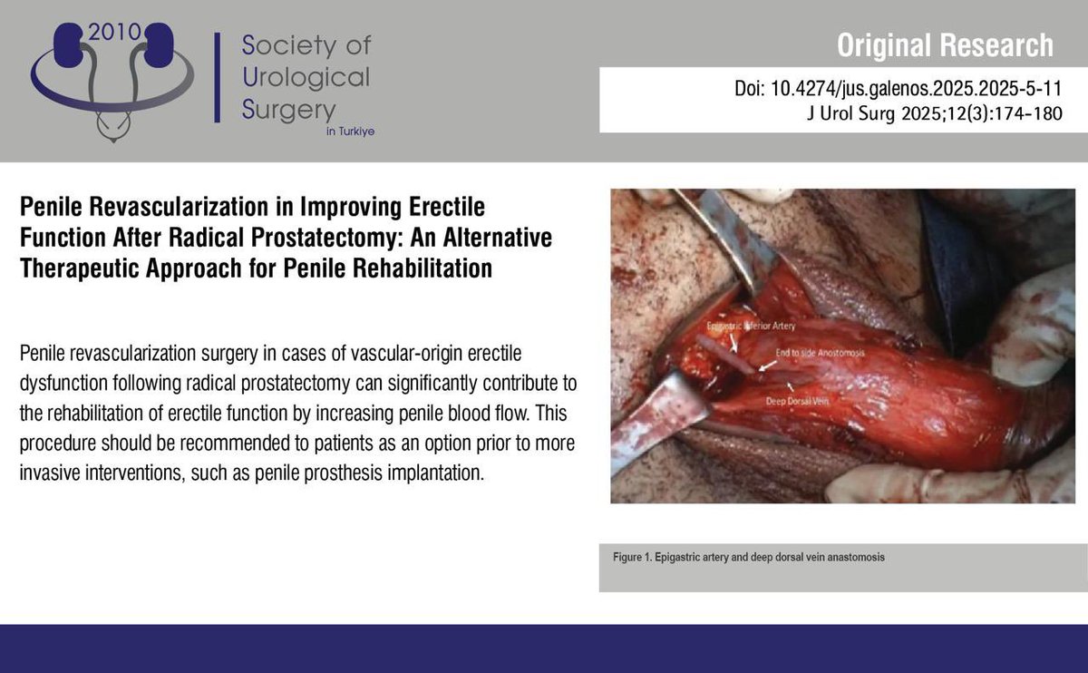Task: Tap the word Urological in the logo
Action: [x=306, y=76]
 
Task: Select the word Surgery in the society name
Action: [x=288, y=110]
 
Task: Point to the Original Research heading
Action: [x=945, y=44]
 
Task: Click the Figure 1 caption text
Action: [x=748, y=557]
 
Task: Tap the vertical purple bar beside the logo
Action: [x=218, y=77]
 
